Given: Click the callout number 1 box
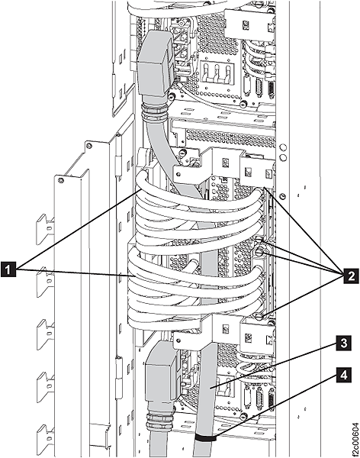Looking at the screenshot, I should [9, 268].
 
